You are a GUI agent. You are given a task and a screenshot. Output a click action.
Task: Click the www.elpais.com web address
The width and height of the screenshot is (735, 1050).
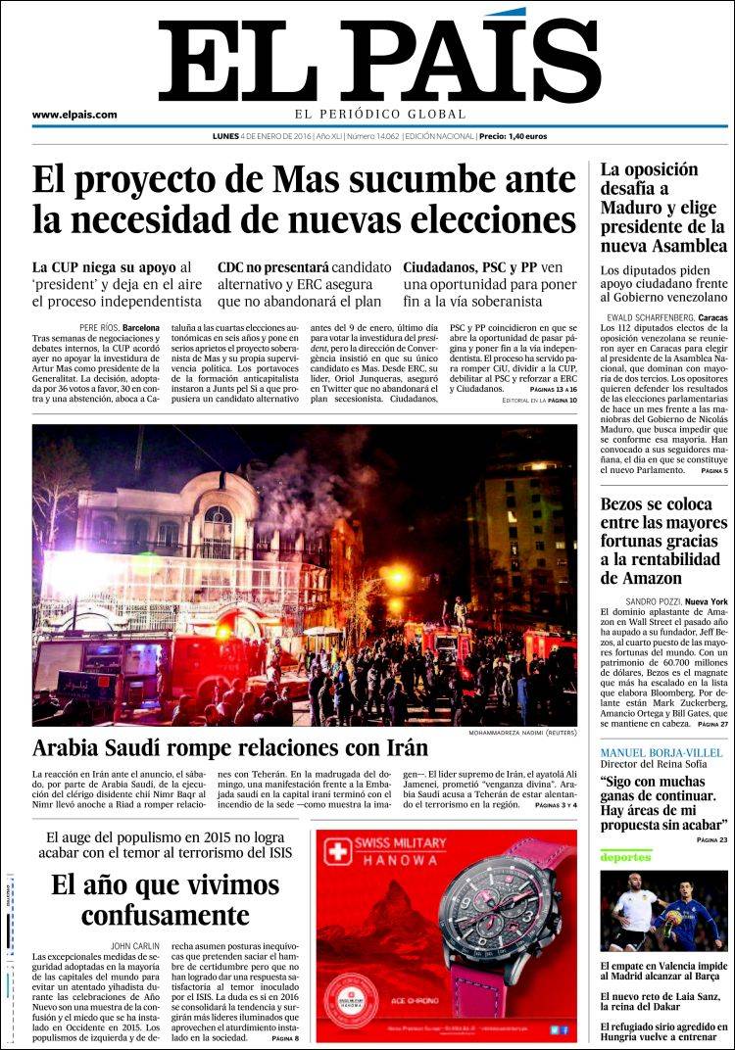click(x=74, y=115)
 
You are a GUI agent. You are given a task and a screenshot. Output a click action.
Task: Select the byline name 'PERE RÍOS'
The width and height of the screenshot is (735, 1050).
click(x=99, y=326)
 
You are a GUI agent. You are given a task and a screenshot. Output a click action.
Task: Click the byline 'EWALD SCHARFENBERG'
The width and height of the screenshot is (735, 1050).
click(x=651, y=318)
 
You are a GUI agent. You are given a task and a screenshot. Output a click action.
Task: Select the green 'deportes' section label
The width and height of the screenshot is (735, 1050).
click(x=627, y=856)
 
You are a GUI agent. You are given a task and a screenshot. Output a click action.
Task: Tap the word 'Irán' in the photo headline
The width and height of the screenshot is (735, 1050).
click(x=401, y=748)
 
